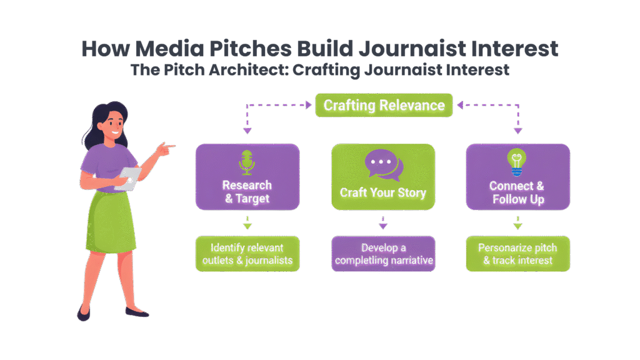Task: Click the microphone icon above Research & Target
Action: [247, 162]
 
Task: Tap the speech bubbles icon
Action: [383, 164]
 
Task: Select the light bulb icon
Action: [517, 162]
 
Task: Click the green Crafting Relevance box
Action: [384, 105]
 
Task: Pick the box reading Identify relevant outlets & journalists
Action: [247, 254]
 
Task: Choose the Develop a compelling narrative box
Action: [383, 254]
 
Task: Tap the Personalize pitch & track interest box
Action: [517, 254]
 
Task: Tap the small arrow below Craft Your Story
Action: [383, 223]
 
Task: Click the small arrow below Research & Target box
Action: [247, 223]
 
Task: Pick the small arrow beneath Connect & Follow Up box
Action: [517, 223]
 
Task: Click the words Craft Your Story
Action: [383, 192]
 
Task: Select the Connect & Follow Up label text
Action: [517, 192]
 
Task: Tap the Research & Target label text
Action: [247, 192]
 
